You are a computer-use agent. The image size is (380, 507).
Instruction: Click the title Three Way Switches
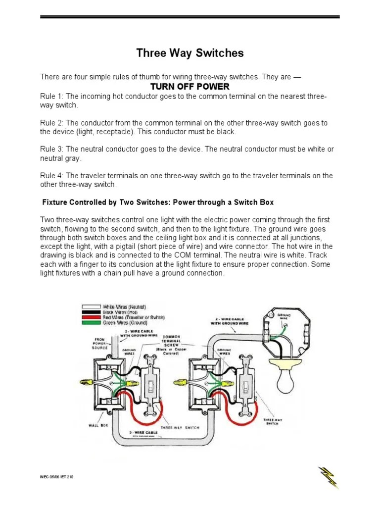(190, 53)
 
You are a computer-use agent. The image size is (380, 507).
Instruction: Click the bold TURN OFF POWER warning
(190, 87)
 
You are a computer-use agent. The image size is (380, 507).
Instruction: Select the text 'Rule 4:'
(51, 176)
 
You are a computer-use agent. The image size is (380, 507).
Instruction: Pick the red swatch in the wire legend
(90, 317)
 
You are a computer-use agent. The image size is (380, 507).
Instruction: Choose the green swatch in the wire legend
(90, 323)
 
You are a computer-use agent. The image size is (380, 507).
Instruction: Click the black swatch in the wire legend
(90, 312)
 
